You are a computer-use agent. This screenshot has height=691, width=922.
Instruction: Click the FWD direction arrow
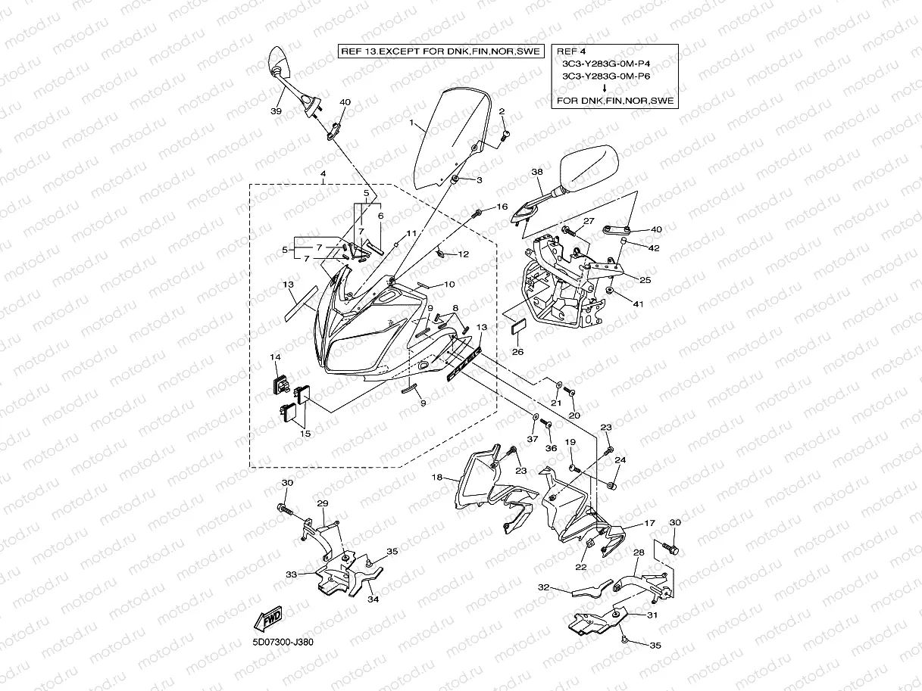tap(269, 618)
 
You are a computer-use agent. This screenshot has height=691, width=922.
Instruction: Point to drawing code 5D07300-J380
tap(283, 643)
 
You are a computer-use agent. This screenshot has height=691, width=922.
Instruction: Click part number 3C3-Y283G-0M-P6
tap(606, 76)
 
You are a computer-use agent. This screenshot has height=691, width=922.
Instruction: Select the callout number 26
tap(517, 351)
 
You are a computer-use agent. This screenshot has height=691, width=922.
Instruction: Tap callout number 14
tap(275, 356)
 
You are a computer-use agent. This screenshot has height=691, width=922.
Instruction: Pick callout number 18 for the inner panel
tap(437, 478)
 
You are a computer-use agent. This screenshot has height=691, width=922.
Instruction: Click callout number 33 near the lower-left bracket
tap(291, 574)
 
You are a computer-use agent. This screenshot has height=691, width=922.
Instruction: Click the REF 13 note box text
tap(440, 51)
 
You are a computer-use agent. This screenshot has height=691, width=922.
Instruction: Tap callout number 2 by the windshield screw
tap(502, 111)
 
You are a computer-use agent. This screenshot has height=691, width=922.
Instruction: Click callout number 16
tap(502, 207)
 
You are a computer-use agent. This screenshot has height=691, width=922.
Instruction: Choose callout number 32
tap(543, 587)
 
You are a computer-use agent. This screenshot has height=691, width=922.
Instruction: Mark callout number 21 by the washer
tap(556, 403)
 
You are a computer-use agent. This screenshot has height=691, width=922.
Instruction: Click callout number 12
tap(464, 254)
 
